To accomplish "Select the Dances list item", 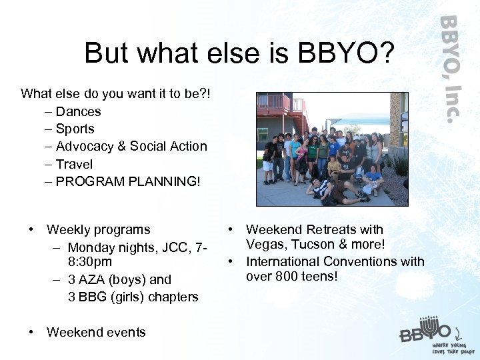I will (78, 111).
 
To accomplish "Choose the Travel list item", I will (74, 163).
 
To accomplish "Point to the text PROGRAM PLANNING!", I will (127, 181).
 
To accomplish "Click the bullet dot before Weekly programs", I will (31, 230).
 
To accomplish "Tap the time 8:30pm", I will (94, 263).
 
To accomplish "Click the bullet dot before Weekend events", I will (31, 332).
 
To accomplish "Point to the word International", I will (287, 261).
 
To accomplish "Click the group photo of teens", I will (332, 149).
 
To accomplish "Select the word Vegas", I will (264, 245).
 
